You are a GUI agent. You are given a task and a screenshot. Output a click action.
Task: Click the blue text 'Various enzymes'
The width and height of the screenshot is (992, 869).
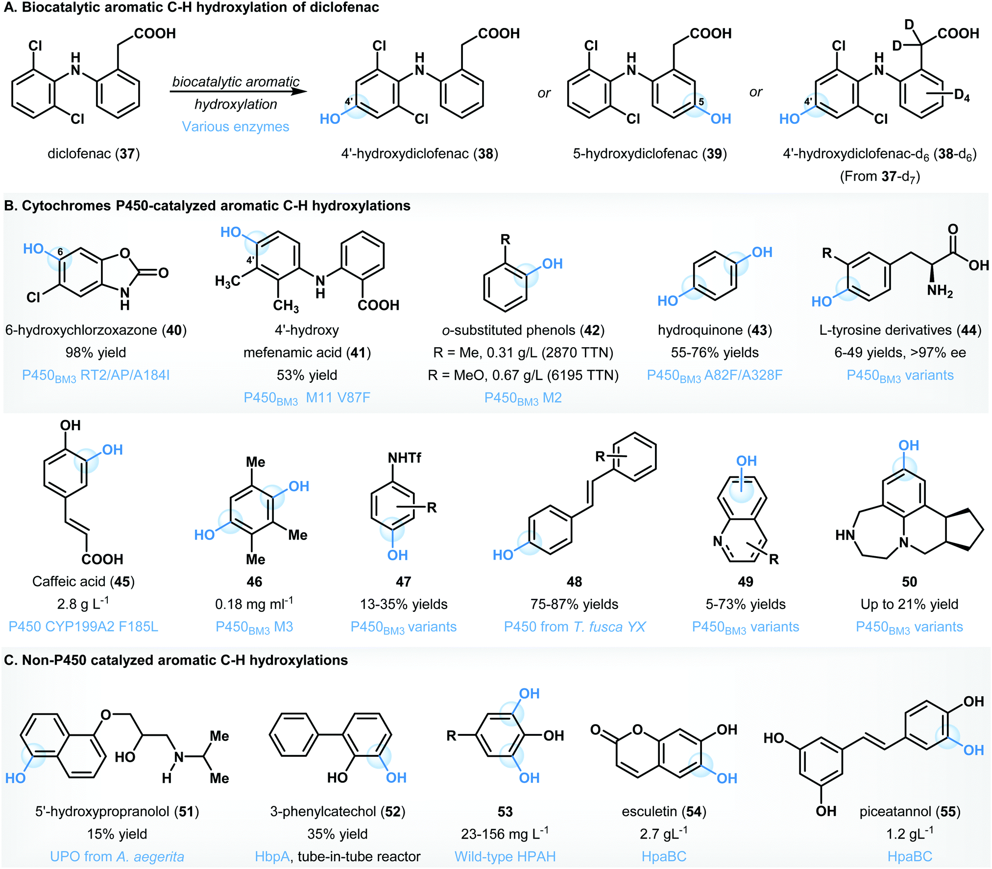[236, 127]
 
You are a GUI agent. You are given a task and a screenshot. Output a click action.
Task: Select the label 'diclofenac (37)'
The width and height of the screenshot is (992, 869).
[94, 154]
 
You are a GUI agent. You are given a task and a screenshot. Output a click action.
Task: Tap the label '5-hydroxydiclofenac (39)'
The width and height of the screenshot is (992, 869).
[650, 154]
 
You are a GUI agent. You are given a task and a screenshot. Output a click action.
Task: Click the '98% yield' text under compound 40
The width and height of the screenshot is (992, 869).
[96, 352]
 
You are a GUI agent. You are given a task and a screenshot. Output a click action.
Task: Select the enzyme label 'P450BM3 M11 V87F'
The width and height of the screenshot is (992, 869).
[307, 398]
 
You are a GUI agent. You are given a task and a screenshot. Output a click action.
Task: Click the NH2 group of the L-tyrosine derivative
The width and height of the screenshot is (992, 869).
[940, 291]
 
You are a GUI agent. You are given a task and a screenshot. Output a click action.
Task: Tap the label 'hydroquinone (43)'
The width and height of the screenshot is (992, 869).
[715, 330]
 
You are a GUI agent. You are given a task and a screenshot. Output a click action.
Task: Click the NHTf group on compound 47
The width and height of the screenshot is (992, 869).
[405, 458]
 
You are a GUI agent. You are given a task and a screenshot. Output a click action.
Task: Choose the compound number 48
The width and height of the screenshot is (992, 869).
[574, 582]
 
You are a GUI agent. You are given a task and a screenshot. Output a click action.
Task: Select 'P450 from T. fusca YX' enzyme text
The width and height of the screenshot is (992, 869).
[575, 627]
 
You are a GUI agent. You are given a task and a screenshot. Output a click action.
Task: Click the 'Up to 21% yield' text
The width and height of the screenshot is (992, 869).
[909, 604]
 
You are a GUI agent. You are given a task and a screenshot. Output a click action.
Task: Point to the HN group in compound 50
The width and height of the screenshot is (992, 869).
[845, 535]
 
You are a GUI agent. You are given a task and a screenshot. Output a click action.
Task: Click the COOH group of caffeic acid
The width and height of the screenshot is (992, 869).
[102, 559]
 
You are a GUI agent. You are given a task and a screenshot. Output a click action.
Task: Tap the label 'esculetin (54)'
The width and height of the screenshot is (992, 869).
[664, 812]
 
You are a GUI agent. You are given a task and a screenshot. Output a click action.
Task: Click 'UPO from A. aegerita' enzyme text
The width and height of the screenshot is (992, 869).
[117, 857]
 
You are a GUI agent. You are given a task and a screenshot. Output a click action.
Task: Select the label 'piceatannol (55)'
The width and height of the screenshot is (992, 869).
[910, 812]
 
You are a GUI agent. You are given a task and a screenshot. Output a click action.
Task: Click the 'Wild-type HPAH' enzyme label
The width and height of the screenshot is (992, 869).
[505, 857]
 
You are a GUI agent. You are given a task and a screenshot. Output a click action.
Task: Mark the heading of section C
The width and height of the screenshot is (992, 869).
[176, 660]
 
